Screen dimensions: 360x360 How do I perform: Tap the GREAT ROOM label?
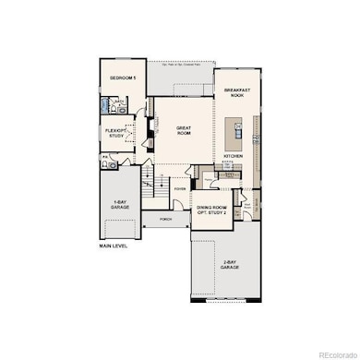click(163, 130)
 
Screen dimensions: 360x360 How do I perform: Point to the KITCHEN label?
click(234, 156)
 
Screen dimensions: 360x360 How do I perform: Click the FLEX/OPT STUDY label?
click(116, 133)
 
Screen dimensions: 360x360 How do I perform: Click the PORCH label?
click(166, 220)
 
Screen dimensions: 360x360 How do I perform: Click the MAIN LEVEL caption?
click(114, 246)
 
